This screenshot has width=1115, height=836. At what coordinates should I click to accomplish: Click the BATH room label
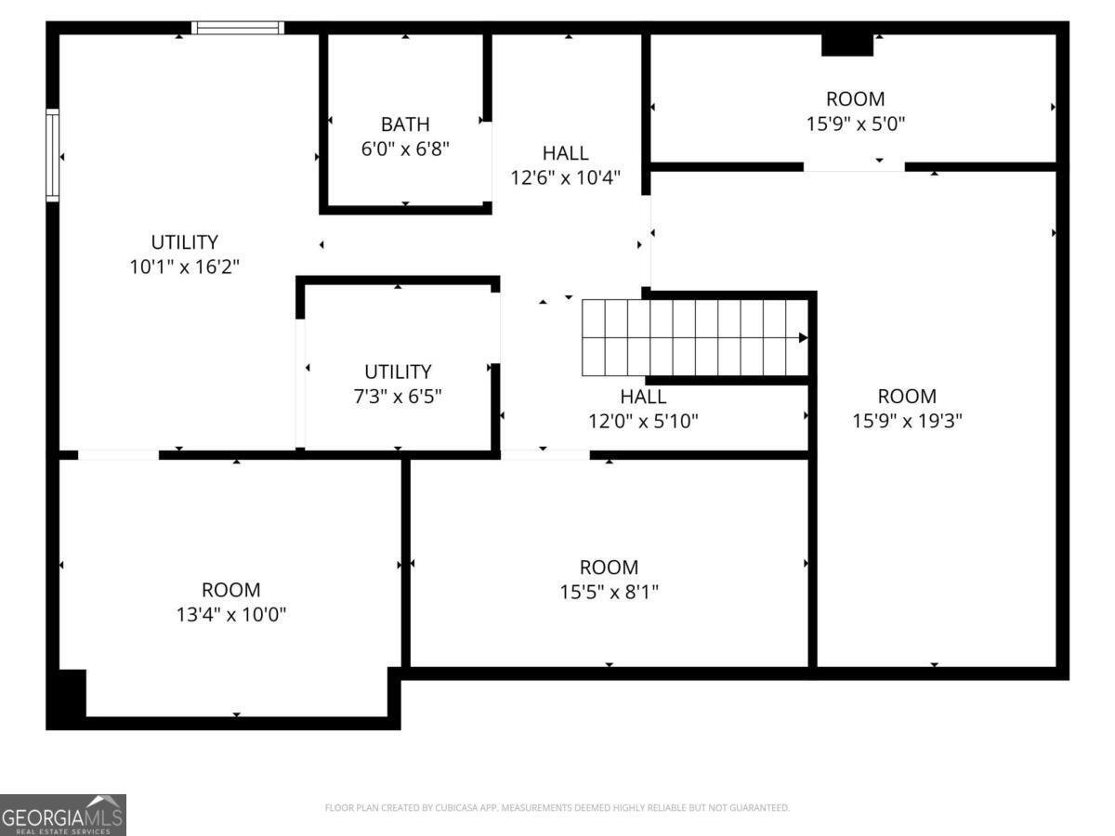(x=405, y=124)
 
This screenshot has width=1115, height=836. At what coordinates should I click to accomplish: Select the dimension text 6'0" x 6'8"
(x=405, y=148)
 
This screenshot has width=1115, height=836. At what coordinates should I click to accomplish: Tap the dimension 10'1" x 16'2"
(x=185, y=267)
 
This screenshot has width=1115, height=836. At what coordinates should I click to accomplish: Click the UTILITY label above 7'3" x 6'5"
(x=398, y=372)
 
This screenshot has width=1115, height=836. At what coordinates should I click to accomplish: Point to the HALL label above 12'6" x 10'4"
(x=565, y=153)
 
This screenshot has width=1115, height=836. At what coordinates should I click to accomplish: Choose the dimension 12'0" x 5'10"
(x=643, y=421)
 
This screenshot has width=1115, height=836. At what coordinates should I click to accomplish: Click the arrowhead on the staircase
(x=802, y=338)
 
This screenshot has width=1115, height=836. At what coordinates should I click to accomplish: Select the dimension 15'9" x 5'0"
(x=855, y=123)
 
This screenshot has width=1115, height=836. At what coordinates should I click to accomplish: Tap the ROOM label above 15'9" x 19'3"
(x=907, y=397)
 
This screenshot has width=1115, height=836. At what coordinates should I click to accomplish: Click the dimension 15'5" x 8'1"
(x=609, y=592)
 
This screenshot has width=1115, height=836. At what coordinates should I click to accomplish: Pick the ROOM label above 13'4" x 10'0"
(x=230, y=590)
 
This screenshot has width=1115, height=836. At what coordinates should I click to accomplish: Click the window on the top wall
(x=238, y=28)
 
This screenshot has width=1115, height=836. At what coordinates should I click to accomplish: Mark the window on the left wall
(x=53, y=155)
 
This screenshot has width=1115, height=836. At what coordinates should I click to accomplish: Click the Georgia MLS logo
(x=62, y=815)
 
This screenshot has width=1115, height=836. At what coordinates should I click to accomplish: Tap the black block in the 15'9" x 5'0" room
(x=847, y=44)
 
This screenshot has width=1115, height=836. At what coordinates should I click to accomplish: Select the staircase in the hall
(x=692, y=337)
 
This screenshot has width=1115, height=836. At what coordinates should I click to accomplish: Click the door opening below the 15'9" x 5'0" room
(x=854, y=167)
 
